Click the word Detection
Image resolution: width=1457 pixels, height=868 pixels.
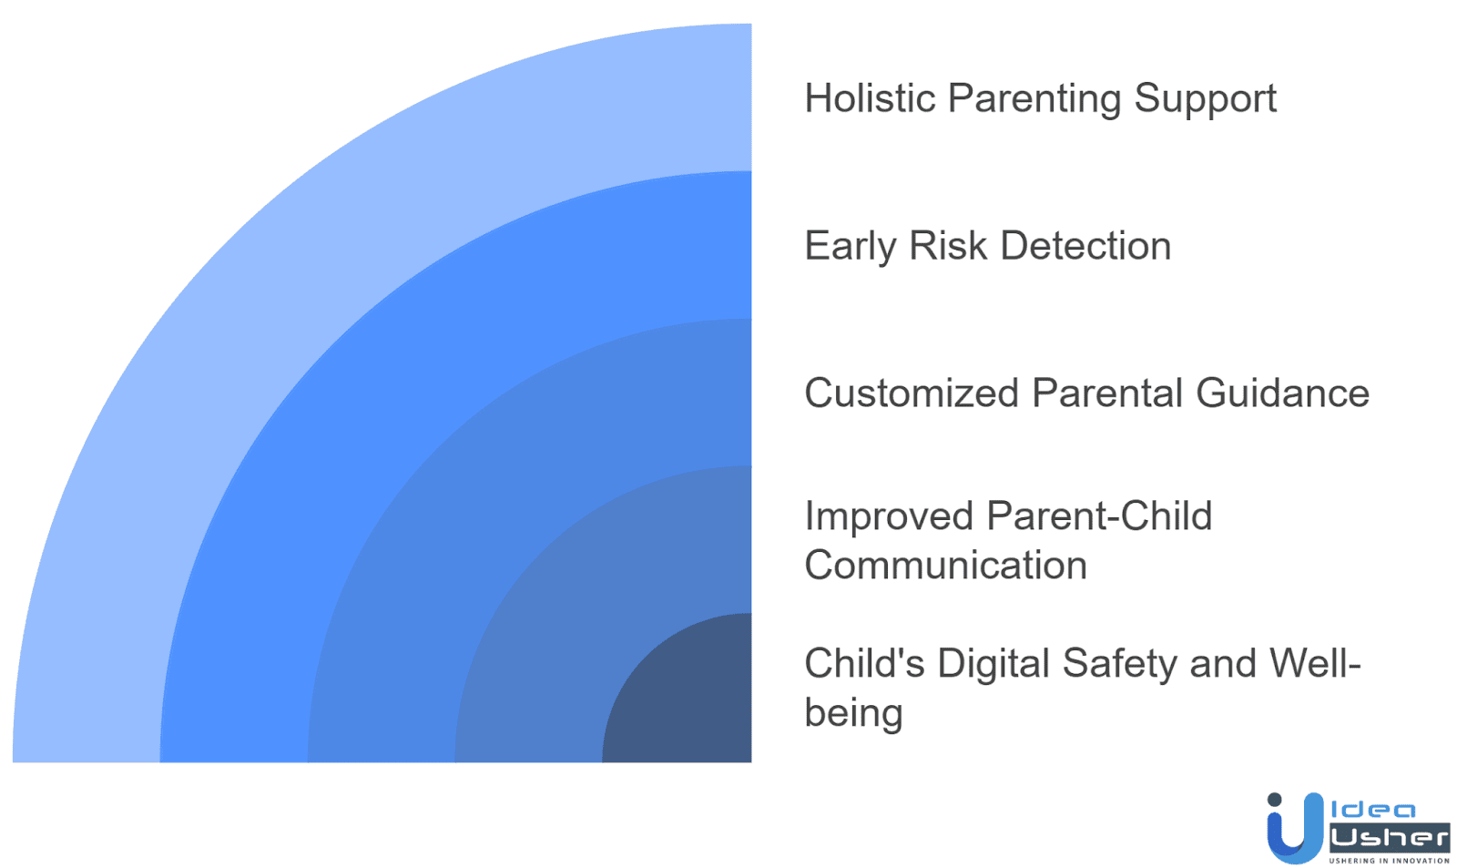coord(1085,246)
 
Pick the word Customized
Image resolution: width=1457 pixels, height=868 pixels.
coord(912,393)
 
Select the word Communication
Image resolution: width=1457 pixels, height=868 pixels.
coord(945,566)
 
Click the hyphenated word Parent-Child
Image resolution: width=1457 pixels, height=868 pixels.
coord(1099,516)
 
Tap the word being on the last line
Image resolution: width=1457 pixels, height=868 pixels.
coord(853,713)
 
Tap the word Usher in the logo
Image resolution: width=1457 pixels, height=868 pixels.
coord(1389,837)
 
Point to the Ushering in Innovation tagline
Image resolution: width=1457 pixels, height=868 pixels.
coord(1389,861)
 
